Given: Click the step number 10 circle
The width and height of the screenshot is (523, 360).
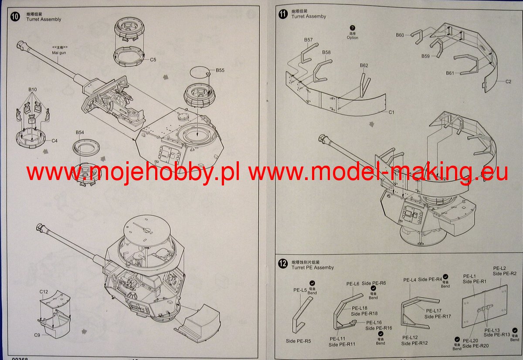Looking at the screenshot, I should click(15, 17).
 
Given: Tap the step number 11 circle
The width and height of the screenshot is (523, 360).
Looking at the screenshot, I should click(283, 14).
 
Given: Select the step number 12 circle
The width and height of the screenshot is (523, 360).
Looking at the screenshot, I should click(283, 263).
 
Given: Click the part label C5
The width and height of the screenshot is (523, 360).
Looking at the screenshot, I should click(153, 60).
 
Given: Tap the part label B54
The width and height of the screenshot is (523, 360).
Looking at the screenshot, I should click(80, 132).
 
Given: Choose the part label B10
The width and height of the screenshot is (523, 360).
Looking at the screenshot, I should click(33, 90).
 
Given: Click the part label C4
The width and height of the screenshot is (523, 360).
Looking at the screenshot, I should click(54, 140).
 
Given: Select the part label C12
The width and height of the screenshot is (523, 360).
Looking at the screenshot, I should click(44, 292).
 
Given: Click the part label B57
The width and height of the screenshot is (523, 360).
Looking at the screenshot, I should click(309, 40).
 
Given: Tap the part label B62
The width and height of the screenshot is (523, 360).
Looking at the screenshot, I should click(364, 65).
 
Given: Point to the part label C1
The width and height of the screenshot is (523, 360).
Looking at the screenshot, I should click(391, 112).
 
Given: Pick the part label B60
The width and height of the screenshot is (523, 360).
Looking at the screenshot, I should click(400, 35).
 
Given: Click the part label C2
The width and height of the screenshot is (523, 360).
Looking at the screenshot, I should click(508, 82).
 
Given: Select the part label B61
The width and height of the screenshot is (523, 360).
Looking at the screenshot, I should click(450, 73).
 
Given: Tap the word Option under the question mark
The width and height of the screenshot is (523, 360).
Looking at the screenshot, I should click(353, 37).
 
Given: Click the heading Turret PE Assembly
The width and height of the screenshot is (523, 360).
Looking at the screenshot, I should click(312, 267).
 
